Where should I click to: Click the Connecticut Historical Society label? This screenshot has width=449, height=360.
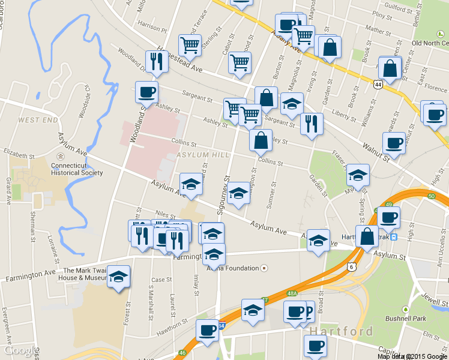coord(77,169)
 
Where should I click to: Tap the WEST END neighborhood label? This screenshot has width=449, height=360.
coord(38,120)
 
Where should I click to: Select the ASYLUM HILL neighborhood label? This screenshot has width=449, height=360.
coord(203,155)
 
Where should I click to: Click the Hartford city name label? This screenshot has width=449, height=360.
coord(341,331)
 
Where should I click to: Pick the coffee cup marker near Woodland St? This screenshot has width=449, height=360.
coord(147,93)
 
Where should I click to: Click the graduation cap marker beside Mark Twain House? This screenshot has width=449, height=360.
coord(119,277)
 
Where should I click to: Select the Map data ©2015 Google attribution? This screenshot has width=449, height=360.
coord(412,356)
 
